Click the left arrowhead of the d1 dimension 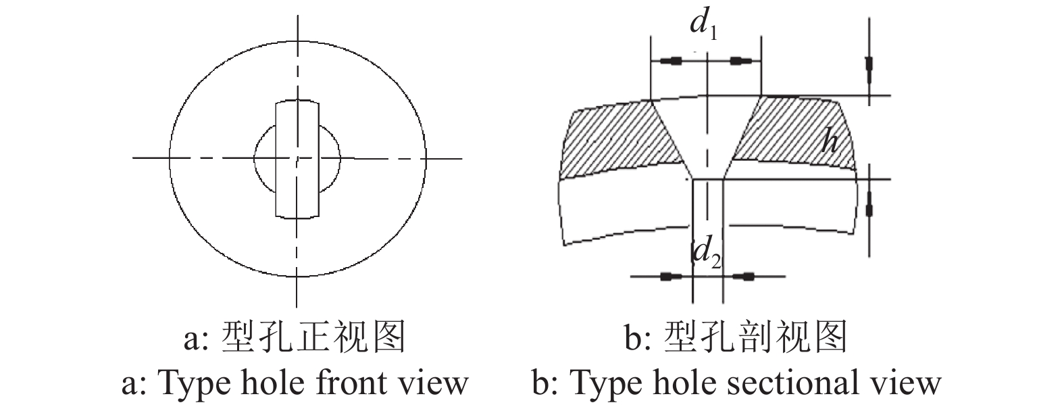click(x=671, y=62)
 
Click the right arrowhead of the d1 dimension click(x=740, y=62)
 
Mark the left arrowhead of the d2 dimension click(x=669, y=276)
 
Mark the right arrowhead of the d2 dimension click(x=746, y=276)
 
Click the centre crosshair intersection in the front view click(x=297, y=158)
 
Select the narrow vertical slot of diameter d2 click(x=708, y=216)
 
